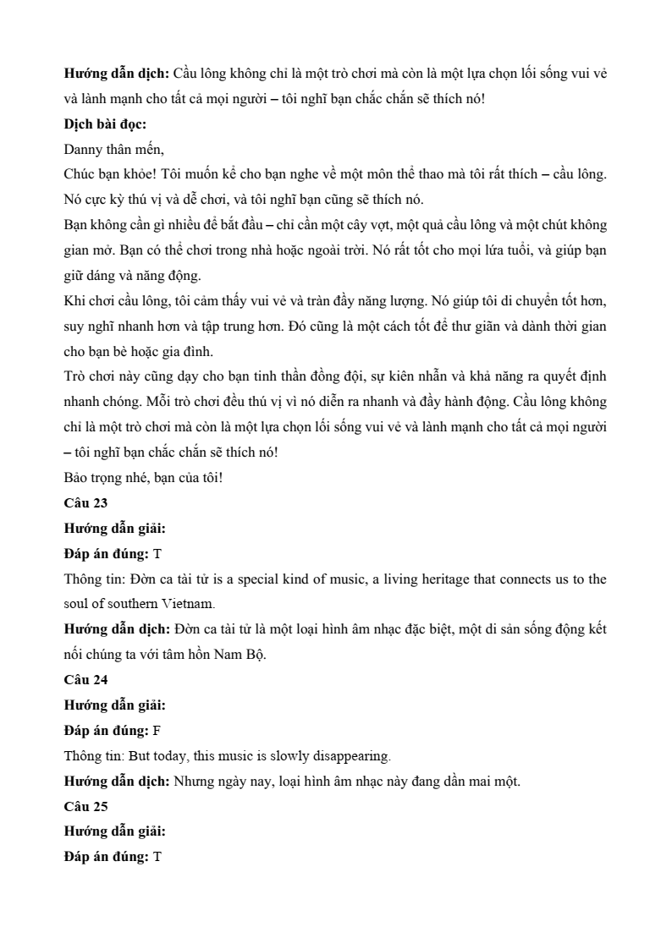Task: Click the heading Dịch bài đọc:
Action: [105, 124]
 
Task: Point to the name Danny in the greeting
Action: [83, 150]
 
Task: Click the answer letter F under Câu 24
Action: [157, 730]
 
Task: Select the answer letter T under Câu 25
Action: [157, 857]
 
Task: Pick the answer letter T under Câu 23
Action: [157, 554]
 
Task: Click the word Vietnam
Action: [188, 605]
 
